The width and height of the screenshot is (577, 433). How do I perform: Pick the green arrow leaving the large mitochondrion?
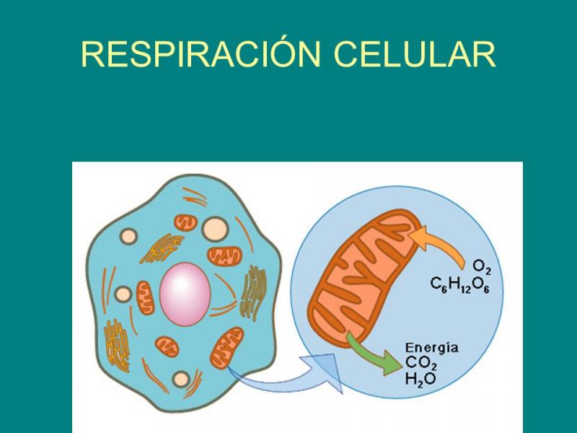[x=372, y=353]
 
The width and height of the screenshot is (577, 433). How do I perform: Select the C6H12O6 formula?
[x=466, y=285]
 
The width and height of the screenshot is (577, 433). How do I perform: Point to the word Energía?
[x=432, y=347]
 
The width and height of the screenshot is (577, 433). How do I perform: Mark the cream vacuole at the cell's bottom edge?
[x=182, y=378]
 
